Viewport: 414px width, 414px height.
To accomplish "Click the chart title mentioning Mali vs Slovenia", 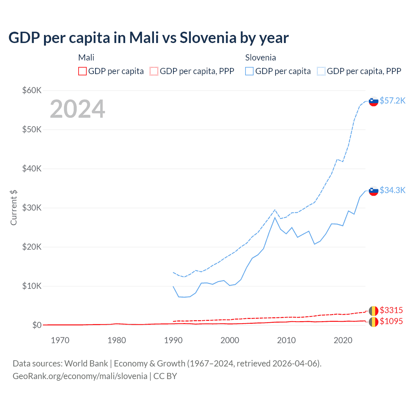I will (x=148, y=38).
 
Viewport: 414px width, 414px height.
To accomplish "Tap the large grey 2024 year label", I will (x=77, y=109).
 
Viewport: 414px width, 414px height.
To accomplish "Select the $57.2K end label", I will (x=392, y=101).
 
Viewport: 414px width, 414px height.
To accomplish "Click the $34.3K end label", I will (x=392, y=190).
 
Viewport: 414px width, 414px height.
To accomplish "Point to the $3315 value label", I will (x=391, y=310).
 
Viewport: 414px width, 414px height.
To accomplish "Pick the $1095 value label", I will (x=391, y=321).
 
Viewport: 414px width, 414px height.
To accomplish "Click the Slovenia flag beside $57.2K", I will (x=374, y=101).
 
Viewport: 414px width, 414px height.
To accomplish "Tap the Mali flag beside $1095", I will (x=374, y=322).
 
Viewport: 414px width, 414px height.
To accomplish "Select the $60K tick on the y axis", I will (x=32, y=90).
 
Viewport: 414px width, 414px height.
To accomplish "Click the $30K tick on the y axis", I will (x=32, y=208).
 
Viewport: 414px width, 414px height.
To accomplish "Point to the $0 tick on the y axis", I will (x=37, y=325).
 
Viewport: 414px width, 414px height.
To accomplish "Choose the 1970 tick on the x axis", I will (x=60, y=340).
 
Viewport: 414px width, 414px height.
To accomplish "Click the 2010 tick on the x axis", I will (x=286, y=340).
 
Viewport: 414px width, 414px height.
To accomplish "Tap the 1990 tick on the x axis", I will (x=173, y=340).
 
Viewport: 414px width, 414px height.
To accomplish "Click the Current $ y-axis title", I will (x=14, y=208).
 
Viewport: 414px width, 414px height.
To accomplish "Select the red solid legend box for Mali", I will (x=82, y=71).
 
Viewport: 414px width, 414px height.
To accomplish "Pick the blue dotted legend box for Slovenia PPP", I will (x=321, y=71).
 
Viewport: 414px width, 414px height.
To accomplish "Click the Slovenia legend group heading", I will (x=260, y=58).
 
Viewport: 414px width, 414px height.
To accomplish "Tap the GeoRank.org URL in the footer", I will (x=80, y=376).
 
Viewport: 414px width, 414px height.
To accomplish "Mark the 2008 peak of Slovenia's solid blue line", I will (x=275, y=218).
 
